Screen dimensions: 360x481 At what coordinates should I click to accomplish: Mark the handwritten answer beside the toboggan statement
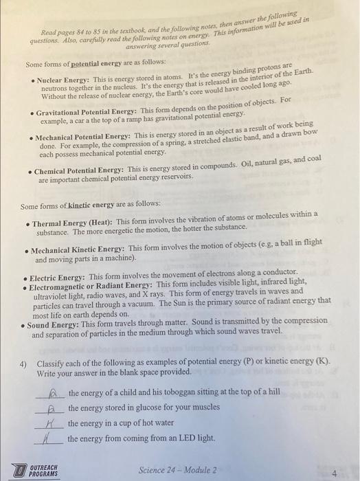point(52,392)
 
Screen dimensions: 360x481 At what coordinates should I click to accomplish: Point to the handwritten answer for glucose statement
point(52,408)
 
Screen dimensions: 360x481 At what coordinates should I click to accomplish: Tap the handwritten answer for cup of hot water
point(51,424)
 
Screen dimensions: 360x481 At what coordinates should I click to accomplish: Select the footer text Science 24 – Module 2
point(177,470)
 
